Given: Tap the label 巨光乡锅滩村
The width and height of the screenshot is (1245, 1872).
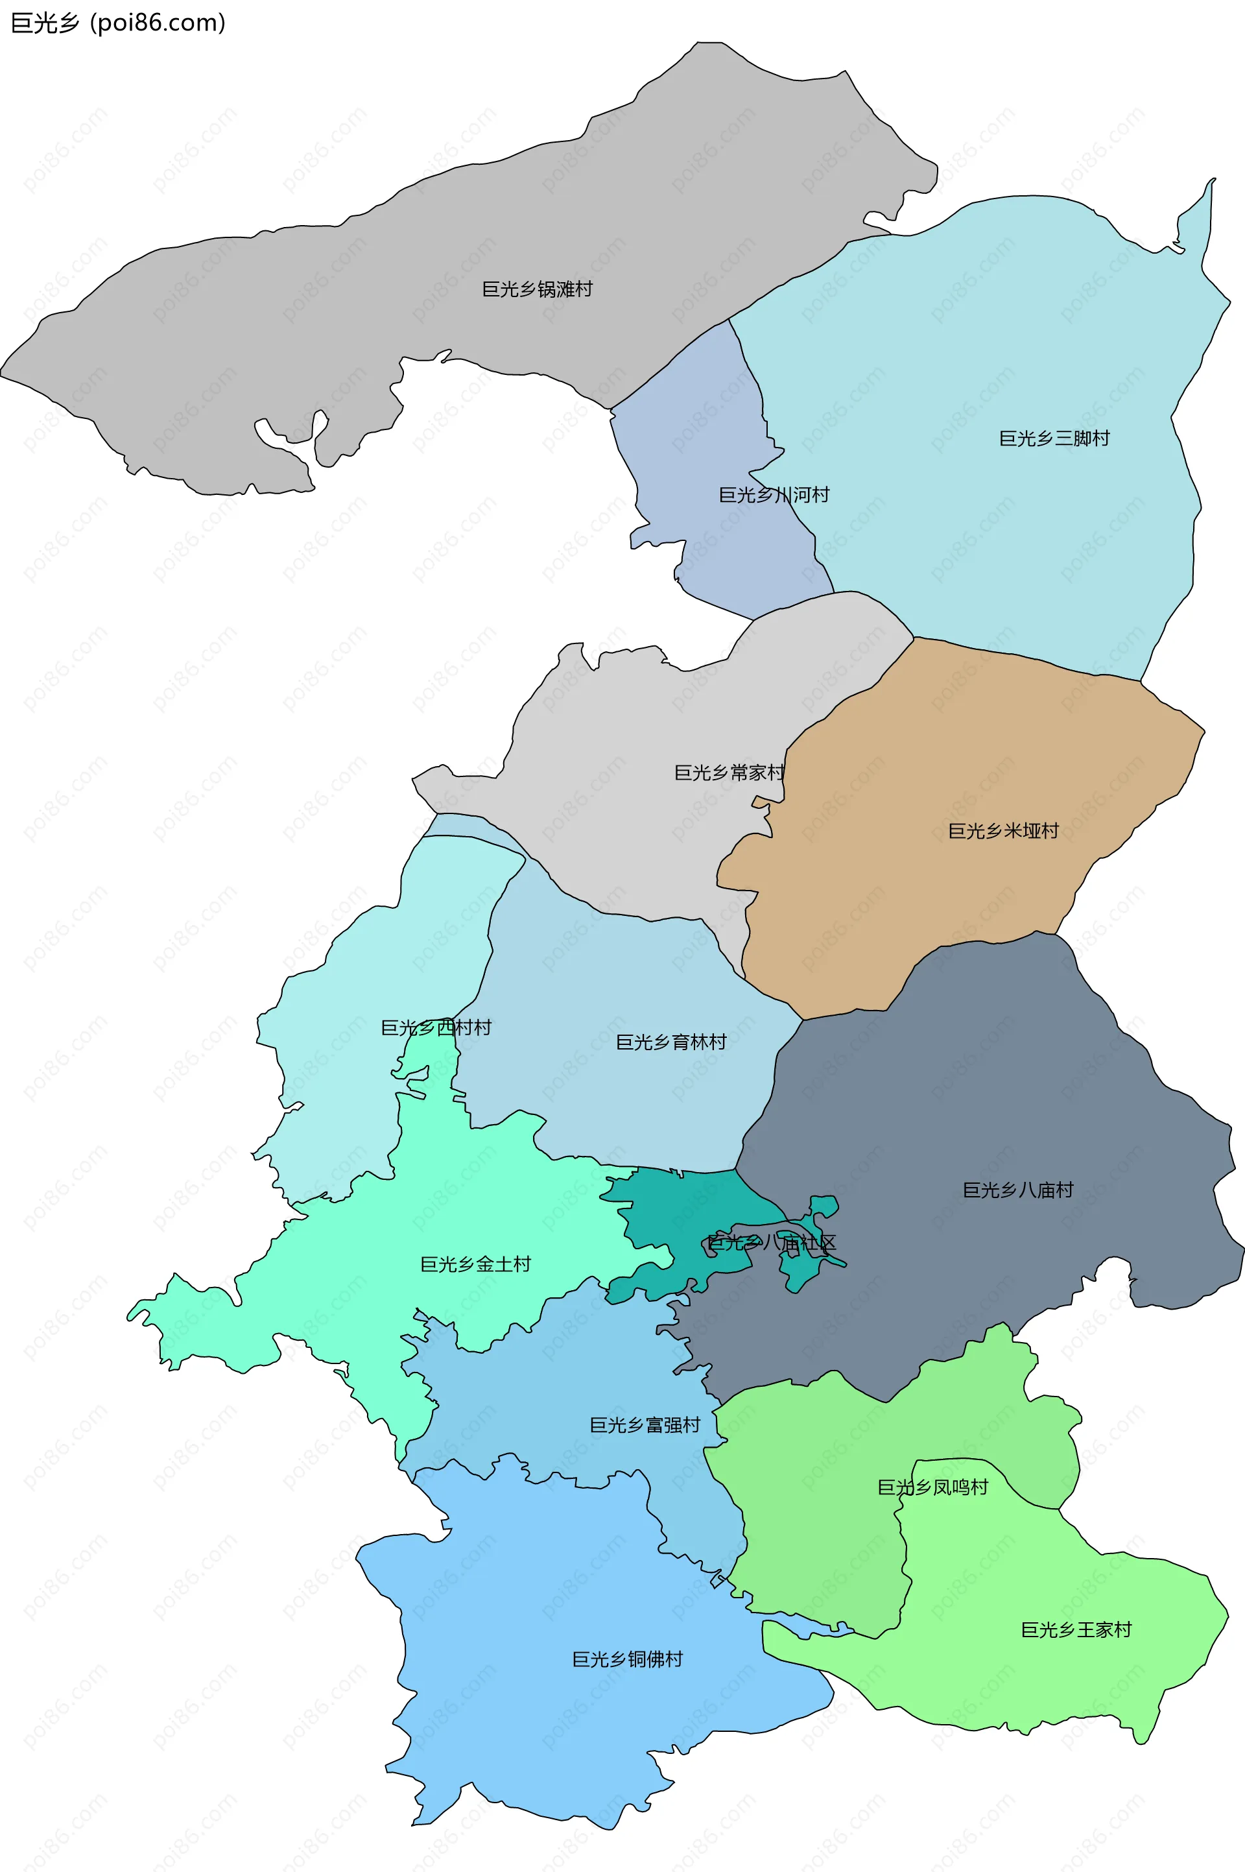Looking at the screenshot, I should (537, 289).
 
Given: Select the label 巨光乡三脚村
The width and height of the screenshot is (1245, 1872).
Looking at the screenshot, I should (1054, 438).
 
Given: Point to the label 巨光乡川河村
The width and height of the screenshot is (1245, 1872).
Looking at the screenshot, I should (774, 495).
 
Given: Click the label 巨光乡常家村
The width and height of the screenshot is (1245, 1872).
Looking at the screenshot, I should (729, 772).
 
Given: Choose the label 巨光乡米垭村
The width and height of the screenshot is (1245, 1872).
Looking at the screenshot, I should (1003, 831).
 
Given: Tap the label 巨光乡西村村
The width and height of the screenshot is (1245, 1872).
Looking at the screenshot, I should (436, 1027).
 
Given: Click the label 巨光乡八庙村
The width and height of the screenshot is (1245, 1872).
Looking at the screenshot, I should (1017, 1190).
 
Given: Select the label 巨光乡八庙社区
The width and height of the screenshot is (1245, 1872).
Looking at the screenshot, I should (771, 1243).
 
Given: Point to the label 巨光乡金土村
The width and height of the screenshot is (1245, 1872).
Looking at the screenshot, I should (475, 1264).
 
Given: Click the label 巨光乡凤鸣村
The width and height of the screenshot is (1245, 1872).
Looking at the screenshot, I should (932, 1487).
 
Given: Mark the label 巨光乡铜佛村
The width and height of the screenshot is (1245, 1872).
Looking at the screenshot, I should (627, 1659).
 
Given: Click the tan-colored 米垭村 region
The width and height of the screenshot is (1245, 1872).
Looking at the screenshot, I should (913, 898).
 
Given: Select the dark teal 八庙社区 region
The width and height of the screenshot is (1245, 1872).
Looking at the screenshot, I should (699, 1199).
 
